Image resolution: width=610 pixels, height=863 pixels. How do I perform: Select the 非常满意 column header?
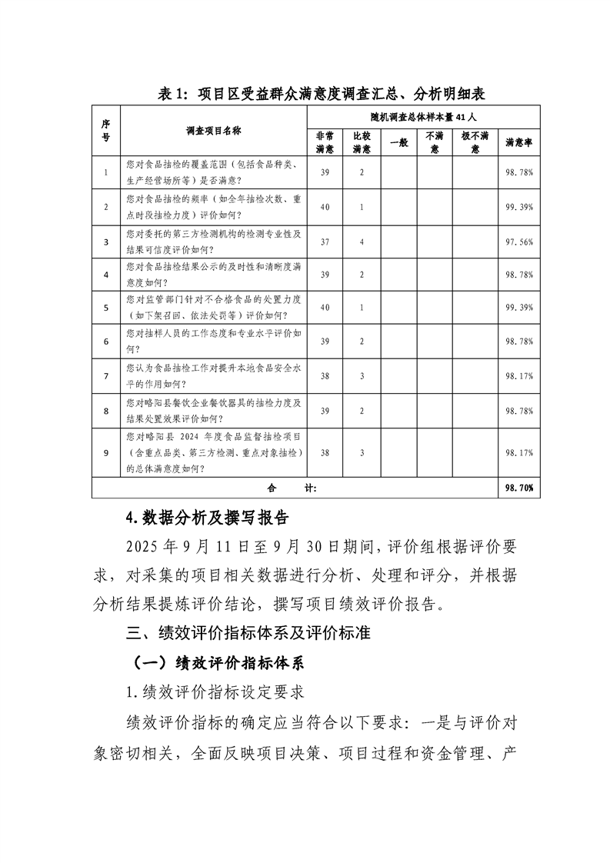[x=325, y=142]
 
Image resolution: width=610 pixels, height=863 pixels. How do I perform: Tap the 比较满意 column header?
[x=362, y=142]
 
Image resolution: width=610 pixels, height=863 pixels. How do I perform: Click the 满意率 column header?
[x=519, y=142]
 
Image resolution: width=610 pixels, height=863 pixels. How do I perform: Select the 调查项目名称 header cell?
[x=213, y=131]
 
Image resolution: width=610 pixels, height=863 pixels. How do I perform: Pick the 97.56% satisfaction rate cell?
[x=519, y=242]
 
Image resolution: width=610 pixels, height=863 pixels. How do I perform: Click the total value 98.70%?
[x=519, y=488]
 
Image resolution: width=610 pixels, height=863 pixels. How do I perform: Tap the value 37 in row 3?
[x=325, y=242]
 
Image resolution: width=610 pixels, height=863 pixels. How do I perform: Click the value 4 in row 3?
[x=362, y=242]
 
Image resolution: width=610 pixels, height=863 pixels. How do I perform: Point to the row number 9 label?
[x=106, y=452]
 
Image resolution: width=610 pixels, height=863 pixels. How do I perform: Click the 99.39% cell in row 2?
[x=519, y=208]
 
